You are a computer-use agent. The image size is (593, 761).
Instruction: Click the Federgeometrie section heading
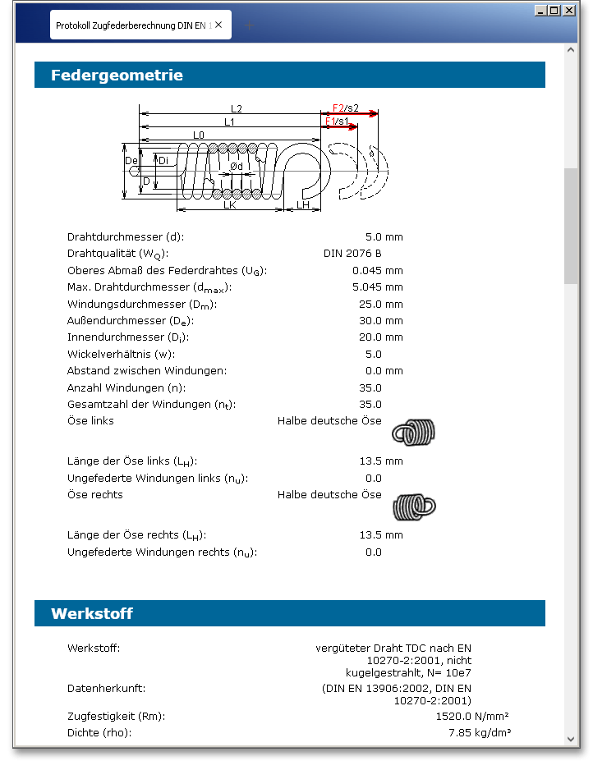tap(117, 76)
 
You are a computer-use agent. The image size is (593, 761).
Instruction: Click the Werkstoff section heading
tap(92, 614)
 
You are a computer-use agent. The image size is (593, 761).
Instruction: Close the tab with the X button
tap(218, 25)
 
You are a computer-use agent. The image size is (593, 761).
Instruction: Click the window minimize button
tap(540, 11)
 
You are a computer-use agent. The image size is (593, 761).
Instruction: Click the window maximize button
tap(554, 11)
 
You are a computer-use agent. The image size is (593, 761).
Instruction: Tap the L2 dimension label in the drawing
tap(236, 108)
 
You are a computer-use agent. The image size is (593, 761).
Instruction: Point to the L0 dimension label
tap(199, 135)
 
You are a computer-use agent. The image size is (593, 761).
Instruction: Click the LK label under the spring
tap(230, 205)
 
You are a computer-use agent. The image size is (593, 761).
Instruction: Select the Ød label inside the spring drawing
tap(236, 166)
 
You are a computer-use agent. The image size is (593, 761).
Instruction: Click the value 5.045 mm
tap(377, 287)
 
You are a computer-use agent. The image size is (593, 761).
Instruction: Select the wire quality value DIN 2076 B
tap(352, 254)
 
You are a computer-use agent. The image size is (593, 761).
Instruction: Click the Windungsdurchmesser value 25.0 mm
tap(382, 304)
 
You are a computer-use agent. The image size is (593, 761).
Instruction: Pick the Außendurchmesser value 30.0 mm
tap(382, 321)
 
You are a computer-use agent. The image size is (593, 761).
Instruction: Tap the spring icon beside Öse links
tap(412, 431)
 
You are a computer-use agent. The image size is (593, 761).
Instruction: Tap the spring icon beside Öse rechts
tap(414, 505)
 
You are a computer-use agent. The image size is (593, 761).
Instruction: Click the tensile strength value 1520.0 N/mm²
tap(473, 716)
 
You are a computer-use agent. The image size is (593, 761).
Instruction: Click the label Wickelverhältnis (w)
tap(121, 355)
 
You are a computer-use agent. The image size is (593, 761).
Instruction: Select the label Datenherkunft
tap(106, 688)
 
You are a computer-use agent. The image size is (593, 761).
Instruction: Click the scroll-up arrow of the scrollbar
tap(571, 50)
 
